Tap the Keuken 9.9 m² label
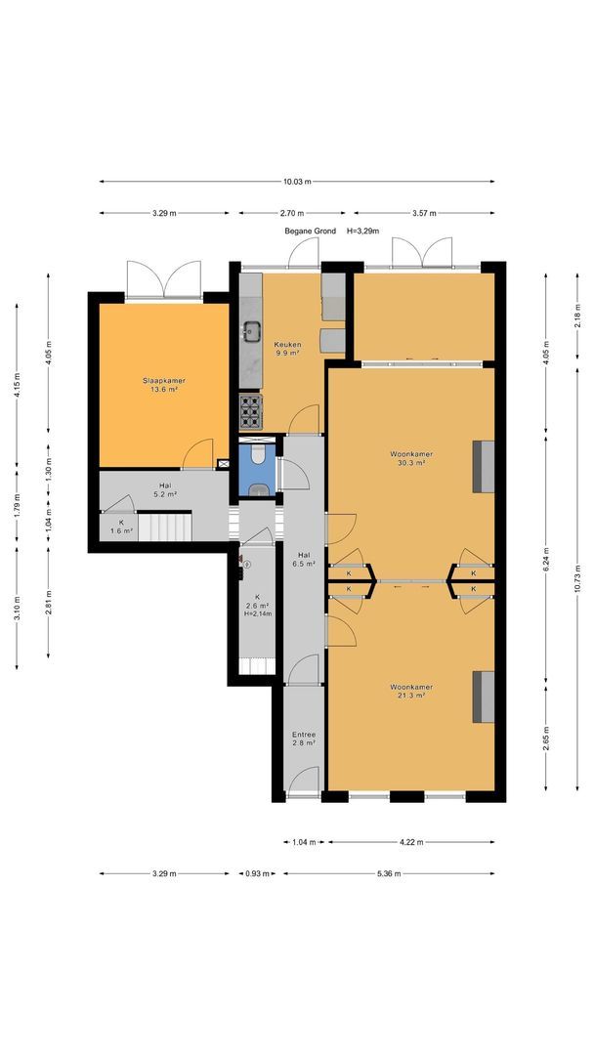pos(286,349)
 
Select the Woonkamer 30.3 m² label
pos(411,458)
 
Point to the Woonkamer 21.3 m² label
pos(411,692)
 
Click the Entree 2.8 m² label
pos(304,738)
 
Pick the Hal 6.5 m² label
pos(304,560)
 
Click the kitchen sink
pos(252,330)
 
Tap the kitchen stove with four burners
pos(251,411)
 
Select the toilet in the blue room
pos(258,455)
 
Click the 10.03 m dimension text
pos(297,182)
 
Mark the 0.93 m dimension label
pos(256,873)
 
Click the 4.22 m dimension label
pos(411,842)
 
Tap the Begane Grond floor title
pos(310,231)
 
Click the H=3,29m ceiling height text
pos(363,231)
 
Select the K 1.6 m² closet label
pos(122,527)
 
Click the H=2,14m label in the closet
pos(258,613)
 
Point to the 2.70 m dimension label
pos(292,213)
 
